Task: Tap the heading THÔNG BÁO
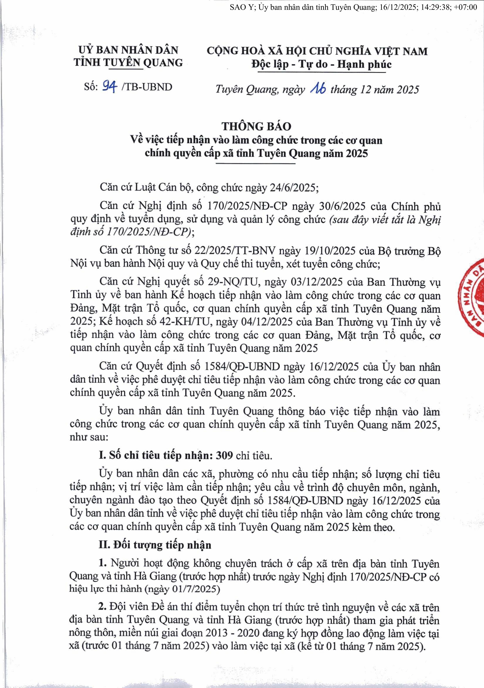(x=256, y=126)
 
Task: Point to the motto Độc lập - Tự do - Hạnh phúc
(x=321, y=64)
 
